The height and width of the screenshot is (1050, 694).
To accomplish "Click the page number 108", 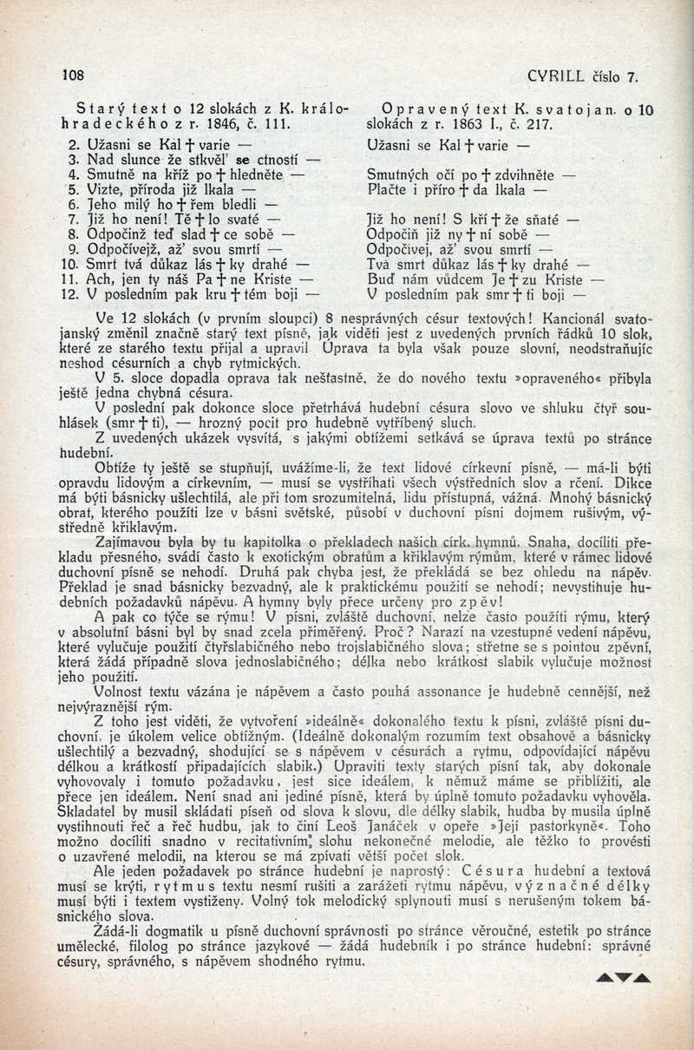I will tap(71, 75).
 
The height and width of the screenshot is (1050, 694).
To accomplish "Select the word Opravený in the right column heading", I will tap(415, 110).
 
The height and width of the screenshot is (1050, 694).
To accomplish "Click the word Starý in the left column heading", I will tap(96, 110).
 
